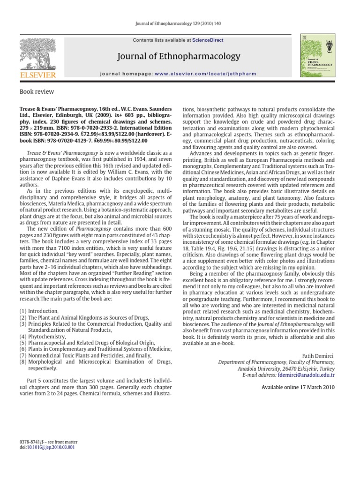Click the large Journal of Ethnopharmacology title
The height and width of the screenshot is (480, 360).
click(x=180, y=57)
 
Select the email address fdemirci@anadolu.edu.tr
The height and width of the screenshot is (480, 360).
click(x=306, y=375)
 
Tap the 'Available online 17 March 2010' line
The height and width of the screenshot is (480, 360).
click(x=298, y=387)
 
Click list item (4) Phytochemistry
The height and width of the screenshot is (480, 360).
click(x=40, y=337)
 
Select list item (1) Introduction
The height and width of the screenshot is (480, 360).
click(x=39, y=311)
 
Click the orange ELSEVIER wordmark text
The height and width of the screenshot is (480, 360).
click(x=37, y=75)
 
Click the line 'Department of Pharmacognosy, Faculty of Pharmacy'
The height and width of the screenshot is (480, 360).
click(x=277, y=362)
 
